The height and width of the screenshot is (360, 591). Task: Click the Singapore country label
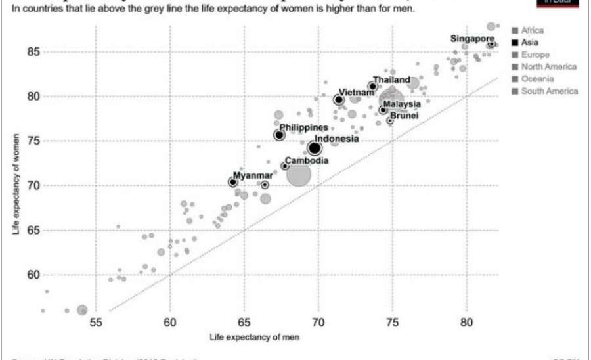(471, 39)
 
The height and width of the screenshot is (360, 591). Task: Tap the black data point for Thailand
(372, 86)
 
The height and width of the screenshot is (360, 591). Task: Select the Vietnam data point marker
(339, 100)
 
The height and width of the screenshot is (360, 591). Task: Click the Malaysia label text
(402, 104)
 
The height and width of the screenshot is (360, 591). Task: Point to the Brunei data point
(390, 120)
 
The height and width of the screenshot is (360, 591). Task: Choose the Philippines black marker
(279, 135)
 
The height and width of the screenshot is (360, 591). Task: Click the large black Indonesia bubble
(315, 148)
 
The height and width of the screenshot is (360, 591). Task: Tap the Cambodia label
(307, 161)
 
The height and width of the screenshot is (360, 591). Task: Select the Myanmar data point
(232, 182)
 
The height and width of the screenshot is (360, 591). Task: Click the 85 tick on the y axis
(70, 51)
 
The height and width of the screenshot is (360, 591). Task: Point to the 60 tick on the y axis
(70, 275)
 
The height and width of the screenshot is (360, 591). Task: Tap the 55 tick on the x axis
(96, 323)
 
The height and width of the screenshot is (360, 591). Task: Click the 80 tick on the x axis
(466, 323)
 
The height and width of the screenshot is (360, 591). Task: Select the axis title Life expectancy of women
(14, 186)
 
